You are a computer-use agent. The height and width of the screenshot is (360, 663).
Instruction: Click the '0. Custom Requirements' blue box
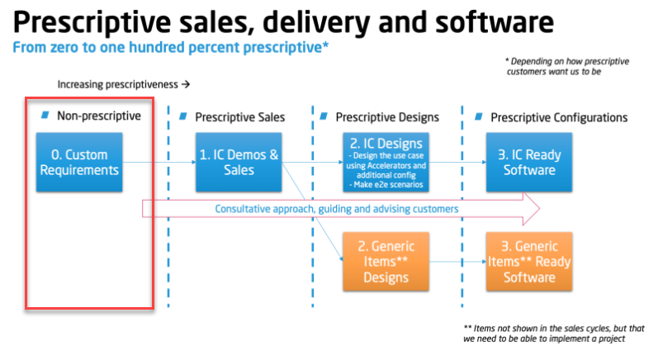pyautogui.click(x=79, y=163)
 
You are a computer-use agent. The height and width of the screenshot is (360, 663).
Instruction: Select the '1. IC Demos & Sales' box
pyautogui.click(x=239, y=163)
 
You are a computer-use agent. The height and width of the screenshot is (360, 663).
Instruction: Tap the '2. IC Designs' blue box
pyautogui.click(x=386, y=163)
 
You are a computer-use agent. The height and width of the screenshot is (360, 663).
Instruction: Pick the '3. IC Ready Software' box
pyautogui.click(x=529, y=163)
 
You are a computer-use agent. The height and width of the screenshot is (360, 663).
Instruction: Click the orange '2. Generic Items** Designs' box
pyautogui.click(x=386, y=262)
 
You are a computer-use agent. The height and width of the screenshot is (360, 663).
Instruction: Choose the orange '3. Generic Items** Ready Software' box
pyautogui.click(x=529, y=262)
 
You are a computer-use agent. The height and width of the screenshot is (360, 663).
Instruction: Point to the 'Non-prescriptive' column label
pyautogui.click(x=99, y=116)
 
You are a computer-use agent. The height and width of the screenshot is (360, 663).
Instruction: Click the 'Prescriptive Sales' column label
pyautogui.click(x=239, y=117)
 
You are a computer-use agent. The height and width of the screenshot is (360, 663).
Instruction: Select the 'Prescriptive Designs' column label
pyautogui.click(x=387, y=117)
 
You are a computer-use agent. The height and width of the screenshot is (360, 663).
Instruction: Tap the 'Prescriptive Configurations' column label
pyautogui.click(x=559, y=117)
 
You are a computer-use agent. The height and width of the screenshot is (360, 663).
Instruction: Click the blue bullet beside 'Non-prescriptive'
pyautogui.click(x=45, y=115)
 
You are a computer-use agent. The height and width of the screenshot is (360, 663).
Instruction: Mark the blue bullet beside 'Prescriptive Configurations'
pyautogui.click(x=479, y=116)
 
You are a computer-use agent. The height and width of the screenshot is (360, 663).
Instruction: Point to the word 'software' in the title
pyautogui.click(x=495, y=22)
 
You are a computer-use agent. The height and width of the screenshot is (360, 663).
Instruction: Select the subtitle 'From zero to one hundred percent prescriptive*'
pyautogui.click(x=170, y=47)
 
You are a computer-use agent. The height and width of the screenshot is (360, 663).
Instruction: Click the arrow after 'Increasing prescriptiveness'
pyautogui.click(x=186, y=84)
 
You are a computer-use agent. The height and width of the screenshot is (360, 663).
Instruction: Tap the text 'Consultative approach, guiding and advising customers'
pyautogui.click(x=337, y=209)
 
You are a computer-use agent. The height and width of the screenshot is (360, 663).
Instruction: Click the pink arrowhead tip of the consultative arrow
pyautogui.click(x=539, y=209)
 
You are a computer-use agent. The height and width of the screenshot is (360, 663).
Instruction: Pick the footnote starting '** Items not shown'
pyautogui.click(x=554, y=334)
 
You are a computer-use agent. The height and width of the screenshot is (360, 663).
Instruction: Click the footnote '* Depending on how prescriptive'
pyautogui.click(x=567, y=66)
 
